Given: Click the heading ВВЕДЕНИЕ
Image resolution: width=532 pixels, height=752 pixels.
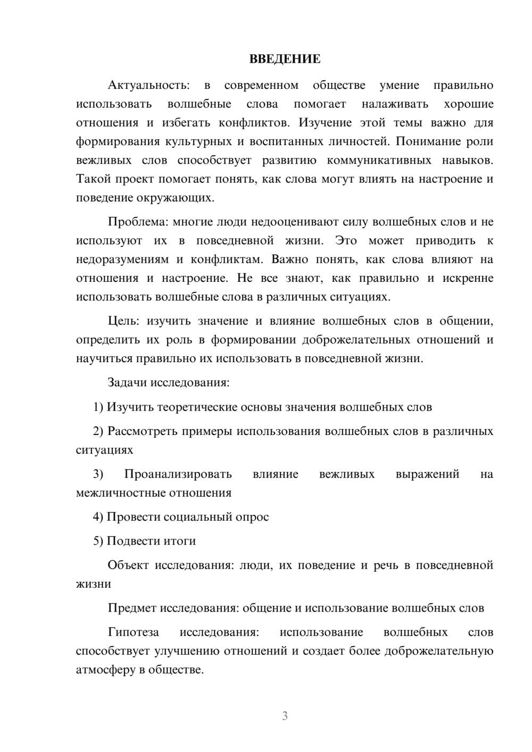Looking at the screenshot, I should pyautogui.click(x=285, y=59).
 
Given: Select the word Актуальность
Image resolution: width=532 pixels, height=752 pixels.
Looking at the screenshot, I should pyautogui.click(x=148, y=85).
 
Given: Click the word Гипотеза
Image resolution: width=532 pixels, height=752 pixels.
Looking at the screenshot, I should pyautogui.click(x=133, y=632).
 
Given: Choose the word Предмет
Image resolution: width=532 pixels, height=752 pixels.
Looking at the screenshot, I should pyautogui.click(x=132, y=608).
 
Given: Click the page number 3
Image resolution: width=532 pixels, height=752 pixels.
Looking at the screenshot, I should pyautogui.click(x=285, y=716).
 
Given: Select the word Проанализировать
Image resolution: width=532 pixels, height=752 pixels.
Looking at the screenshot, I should pyautogui.click(x=178, y=474).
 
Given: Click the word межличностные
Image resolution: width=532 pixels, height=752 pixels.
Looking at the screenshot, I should pyautogui.click(x=121, y=492).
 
